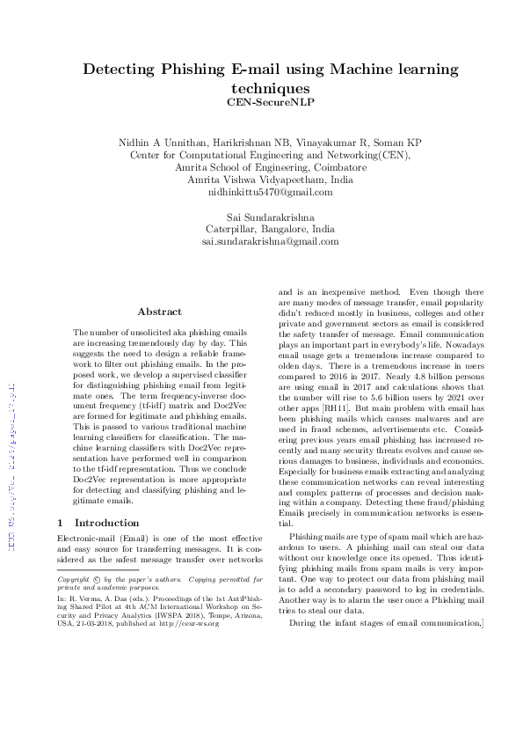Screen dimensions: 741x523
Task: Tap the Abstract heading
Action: (159, 312)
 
